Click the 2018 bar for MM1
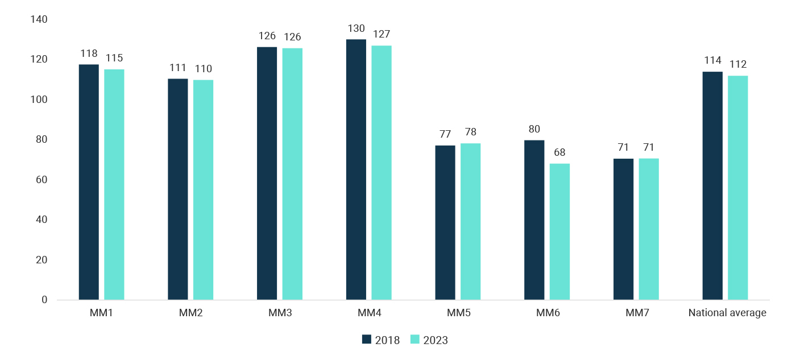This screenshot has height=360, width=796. point(89,182)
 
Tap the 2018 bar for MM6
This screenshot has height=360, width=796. point(534,220)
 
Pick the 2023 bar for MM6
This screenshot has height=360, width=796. point(559,231)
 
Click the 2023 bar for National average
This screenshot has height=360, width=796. point(738,188)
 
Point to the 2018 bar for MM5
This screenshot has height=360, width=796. point(445,222)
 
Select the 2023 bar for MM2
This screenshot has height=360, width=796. point(203,189)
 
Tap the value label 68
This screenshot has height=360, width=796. point(559,153)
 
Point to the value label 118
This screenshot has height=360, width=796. point(89,54)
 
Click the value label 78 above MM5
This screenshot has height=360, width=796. point(470,133)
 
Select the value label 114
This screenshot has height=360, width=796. point(712,61)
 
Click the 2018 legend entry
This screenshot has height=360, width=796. point(381,340)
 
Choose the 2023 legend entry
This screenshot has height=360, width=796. point(429,340)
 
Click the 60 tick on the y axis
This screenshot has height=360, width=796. point(42,180)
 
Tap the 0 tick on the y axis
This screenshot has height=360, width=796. point(44,300)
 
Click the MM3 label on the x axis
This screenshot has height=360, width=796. point(280,313)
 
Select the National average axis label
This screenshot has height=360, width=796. point(727,313)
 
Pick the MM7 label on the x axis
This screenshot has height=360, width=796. point(636,313)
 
